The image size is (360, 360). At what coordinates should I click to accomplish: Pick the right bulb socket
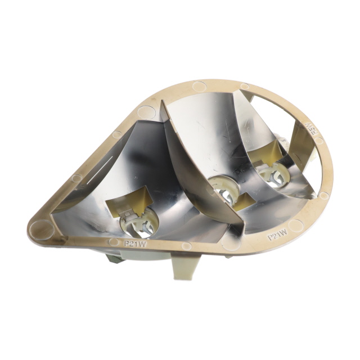tap(268, 173)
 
